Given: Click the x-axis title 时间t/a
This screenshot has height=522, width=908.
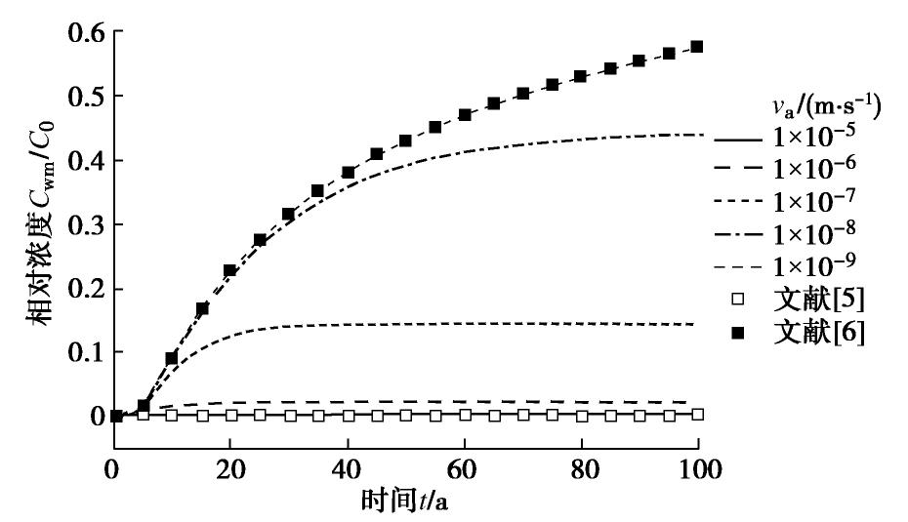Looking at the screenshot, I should tap(405, 502).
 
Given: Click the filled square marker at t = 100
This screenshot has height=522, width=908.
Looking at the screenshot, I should tap(697, 47).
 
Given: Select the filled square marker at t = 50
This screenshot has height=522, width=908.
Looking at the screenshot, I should tap(405, 141).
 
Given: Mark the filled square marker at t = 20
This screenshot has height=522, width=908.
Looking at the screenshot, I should tap(230, 270).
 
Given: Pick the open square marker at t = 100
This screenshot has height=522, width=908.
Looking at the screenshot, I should tap(697, 415).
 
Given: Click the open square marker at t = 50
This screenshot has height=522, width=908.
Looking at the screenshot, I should tap(405, 415).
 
